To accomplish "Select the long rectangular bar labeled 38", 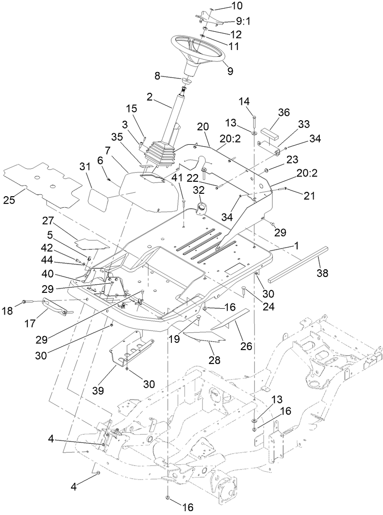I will pos(299,263).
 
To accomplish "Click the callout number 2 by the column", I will pos(150,96).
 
